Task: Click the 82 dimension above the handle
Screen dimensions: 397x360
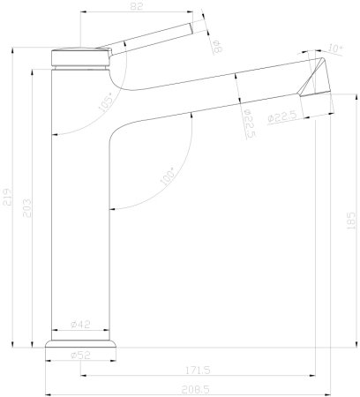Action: click(x=135, y=6)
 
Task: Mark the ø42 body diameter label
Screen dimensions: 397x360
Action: click(x=80, y=326)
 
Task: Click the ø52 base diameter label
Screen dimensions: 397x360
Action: click(x=80, y=355)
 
